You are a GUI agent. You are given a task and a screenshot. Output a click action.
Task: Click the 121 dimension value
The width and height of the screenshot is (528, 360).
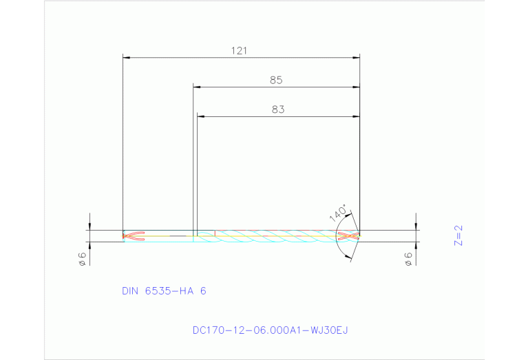(x=240, y=50)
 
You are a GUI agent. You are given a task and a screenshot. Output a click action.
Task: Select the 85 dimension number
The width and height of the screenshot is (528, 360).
(x=276, y=80)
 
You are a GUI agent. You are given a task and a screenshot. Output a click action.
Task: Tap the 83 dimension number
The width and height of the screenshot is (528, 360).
(x=277, y=109)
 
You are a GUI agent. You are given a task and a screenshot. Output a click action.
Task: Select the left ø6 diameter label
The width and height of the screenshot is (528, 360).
(x=81, y=258)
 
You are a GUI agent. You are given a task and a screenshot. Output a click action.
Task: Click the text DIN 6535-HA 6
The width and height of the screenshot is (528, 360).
(x=164, y=291)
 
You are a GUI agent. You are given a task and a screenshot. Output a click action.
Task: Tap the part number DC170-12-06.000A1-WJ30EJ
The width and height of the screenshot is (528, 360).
(x=270, y=330)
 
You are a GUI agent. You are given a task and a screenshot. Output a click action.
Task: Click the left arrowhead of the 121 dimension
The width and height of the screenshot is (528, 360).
(x=126, y=58)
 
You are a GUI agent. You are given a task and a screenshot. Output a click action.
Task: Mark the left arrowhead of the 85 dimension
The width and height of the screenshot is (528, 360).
(x=196, y=87)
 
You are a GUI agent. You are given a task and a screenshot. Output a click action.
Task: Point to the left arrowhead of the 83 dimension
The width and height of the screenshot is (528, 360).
(x=201, y=116)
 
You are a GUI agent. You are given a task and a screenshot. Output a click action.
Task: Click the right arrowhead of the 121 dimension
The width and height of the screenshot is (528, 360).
(x=356, y=58)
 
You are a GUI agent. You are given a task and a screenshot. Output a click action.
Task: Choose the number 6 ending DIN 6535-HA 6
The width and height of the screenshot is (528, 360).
(x=203, y=291)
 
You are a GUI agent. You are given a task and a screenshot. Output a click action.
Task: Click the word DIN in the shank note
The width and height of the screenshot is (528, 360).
(x=130, y=291)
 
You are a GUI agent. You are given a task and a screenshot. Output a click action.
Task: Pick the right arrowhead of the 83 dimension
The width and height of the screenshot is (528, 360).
(x=356, y=116)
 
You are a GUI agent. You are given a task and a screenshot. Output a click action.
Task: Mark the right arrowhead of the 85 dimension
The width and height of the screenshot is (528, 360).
(x=356, y=87)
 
